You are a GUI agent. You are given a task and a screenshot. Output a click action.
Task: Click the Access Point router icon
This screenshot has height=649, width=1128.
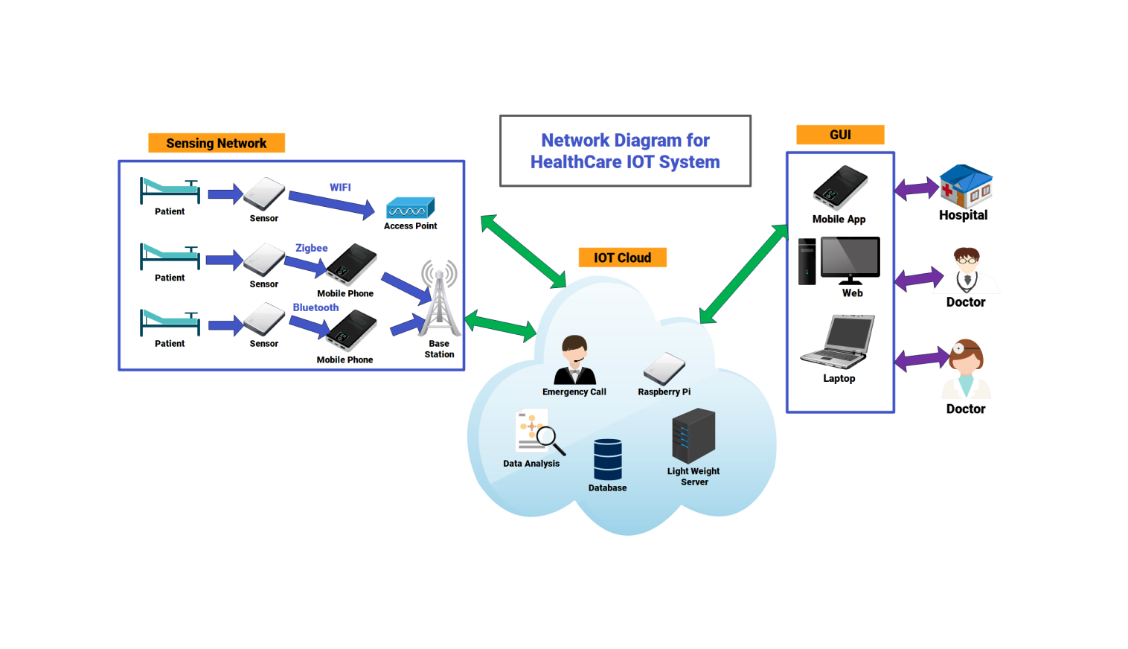[x=410, y=208]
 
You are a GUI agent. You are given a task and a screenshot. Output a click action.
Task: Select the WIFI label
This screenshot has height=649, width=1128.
[x=340, y=188]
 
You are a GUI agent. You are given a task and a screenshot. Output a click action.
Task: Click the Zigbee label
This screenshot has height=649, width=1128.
[x=311, y=248]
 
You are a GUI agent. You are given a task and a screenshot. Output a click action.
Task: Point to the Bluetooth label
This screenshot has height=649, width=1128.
[x=315, y=307]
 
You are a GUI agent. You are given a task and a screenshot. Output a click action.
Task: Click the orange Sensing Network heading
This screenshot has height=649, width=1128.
[x=216, y=143]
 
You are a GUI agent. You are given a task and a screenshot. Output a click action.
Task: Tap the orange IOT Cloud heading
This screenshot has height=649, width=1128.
[x=622, y=258]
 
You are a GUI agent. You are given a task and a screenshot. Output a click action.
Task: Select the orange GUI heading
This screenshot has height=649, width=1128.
[x=840, y=135]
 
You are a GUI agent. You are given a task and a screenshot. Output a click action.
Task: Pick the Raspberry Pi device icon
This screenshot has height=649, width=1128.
[x=664, y=368]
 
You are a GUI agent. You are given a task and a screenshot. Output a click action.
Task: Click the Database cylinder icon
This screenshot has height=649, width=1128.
[x=607, y=459]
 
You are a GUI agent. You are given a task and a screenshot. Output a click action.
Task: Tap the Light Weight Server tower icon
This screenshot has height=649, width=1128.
[x=693, y=436]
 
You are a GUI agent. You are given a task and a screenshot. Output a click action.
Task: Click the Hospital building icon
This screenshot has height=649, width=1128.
[x=965, y=185]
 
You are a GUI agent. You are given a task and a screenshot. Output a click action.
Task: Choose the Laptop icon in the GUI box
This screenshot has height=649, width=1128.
[x=839, y=342]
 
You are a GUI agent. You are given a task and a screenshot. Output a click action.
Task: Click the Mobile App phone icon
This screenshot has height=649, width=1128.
[x=840, y=188]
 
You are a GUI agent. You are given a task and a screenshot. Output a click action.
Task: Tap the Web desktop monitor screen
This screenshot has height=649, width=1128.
[x=850, y=257]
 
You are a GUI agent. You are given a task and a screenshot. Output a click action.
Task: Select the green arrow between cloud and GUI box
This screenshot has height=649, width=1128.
[x=743, y=274]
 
